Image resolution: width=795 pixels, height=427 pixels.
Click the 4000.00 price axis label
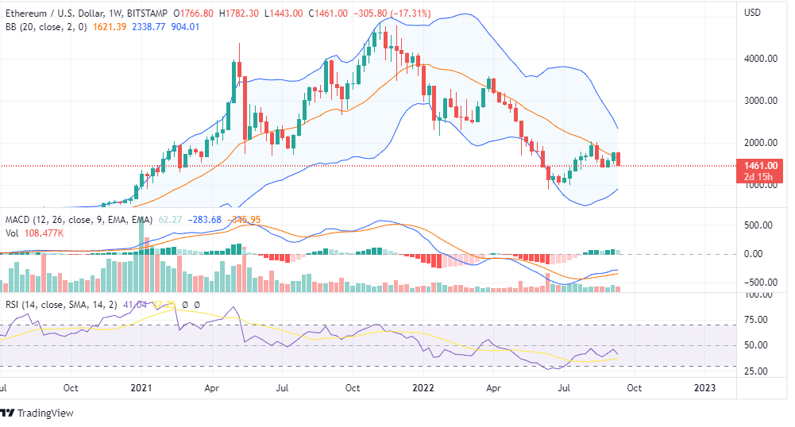pyautogui.click(x=760, y=59)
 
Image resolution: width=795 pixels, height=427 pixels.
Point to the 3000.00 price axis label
pyautogui.click(x=760, y=101)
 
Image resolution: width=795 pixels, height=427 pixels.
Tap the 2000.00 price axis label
pyautogui.click(x=760, y=143)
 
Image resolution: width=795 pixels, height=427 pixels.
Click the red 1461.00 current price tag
pyautogui.click(x=760, y=166)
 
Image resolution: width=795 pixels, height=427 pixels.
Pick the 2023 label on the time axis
pyautogui.click(x=704, y=388)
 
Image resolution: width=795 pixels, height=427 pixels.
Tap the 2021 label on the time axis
pyautogui.click(x=141, y=388)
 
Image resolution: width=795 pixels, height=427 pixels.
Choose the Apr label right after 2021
pyautogui.click(x=211, y=388)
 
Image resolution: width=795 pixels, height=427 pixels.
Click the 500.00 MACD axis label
pyautogui.click(x=758, y=225)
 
